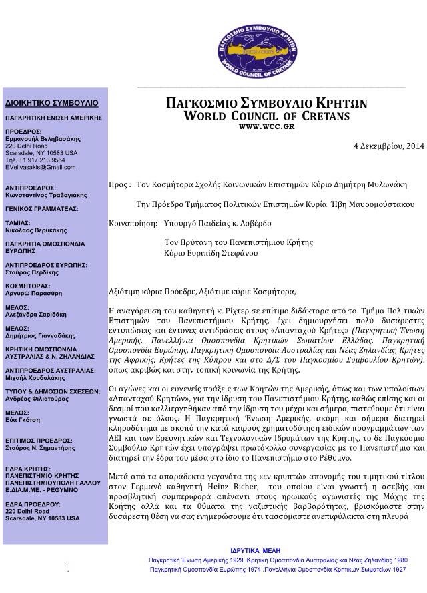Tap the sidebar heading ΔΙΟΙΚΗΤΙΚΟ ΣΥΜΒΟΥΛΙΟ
[x=51, y=103]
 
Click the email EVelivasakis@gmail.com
[x=37, y=167]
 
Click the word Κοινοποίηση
[x=130, y=222]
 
